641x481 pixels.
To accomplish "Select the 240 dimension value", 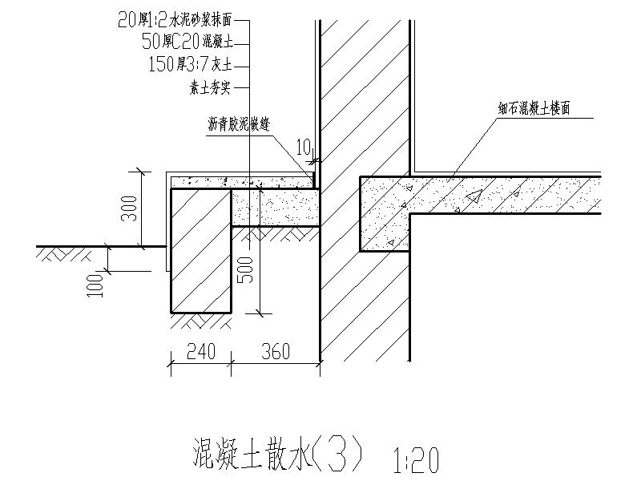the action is tap(201, 351).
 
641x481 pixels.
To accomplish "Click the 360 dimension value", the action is tap(275, 351).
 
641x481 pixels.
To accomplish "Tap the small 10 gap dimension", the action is tap(302, 146).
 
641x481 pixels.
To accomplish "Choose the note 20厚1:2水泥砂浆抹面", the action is tap(183, 22).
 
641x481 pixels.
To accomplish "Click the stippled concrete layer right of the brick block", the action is tap(276, 208).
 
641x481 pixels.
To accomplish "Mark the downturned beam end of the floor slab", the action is tap(385, 215).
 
